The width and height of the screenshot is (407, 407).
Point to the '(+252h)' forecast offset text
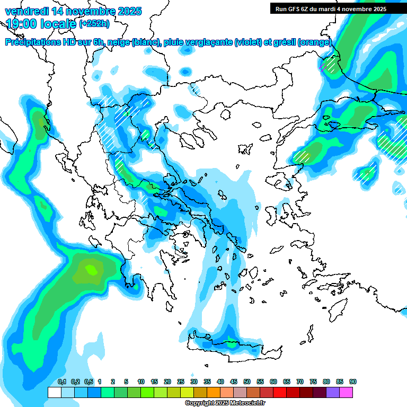[94, 23]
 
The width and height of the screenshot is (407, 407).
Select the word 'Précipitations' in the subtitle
[31, 42]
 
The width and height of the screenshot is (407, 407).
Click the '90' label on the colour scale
[352, 382]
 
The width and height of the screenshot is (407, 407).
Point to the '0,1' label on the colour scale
[61, 382]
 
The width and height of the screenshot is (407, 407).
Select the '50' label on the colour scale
[247, 382]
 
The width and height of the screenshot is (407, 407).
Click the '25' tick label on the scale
[181, 382]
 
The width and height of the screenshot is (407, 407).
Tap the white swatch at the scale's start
[55, 392]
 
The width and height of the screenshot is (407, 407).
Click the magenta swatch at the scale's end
[346, 392]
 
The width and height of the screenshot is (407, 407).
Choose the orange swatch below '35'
[214, 392]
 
